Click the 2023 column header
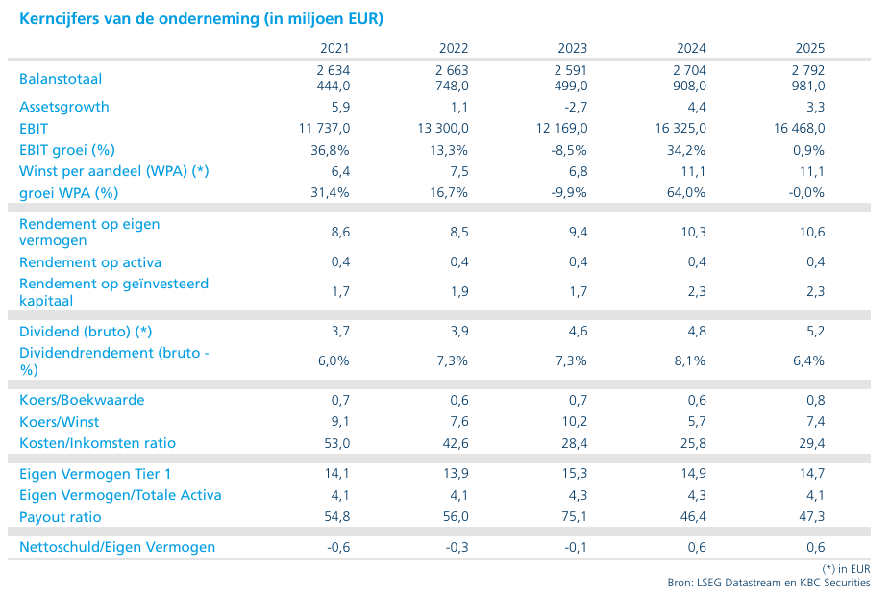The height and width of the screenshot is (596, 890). coord(572,48)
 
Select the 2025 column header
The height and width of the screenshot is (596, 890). coord(810,48)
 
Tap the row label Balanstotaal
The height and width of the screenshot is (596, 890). coord(61,78)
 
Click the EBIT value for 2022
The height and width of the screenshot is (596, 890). coord(443,128)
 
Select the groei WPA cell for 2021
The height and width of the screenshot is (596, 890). coord(330,192)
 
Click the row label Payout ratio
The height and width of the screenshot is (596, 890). coord(61,517)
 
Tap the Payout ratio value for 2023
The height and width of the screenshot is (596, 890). coord(575,516)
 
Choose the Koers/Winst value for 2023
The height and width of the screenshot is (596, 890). coord(575,421)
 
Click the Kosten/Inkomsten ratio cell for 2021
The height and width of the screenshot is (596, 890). coord(337,443)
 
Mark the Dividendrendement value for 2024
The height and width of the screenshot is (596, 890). coord(690,360)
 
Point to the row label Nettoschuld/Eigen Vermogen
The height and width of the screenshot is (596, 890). coord(117,547)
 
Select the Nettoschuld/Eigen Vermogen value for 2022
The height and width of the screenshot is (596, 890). coord(457,547)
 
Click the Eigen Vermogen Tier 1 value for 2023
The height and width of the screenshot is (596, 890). coord(575,473)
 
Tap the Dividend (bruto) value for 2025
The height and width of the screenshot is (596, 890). coord(816,331)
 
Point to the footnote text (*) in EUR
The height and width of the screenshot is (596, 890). coord(846,569)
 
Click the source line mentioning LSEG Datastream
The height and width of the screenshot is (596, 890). coord(769,583)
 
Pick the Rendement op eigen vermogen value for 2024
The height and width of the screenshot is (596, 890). coord(693,232)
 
